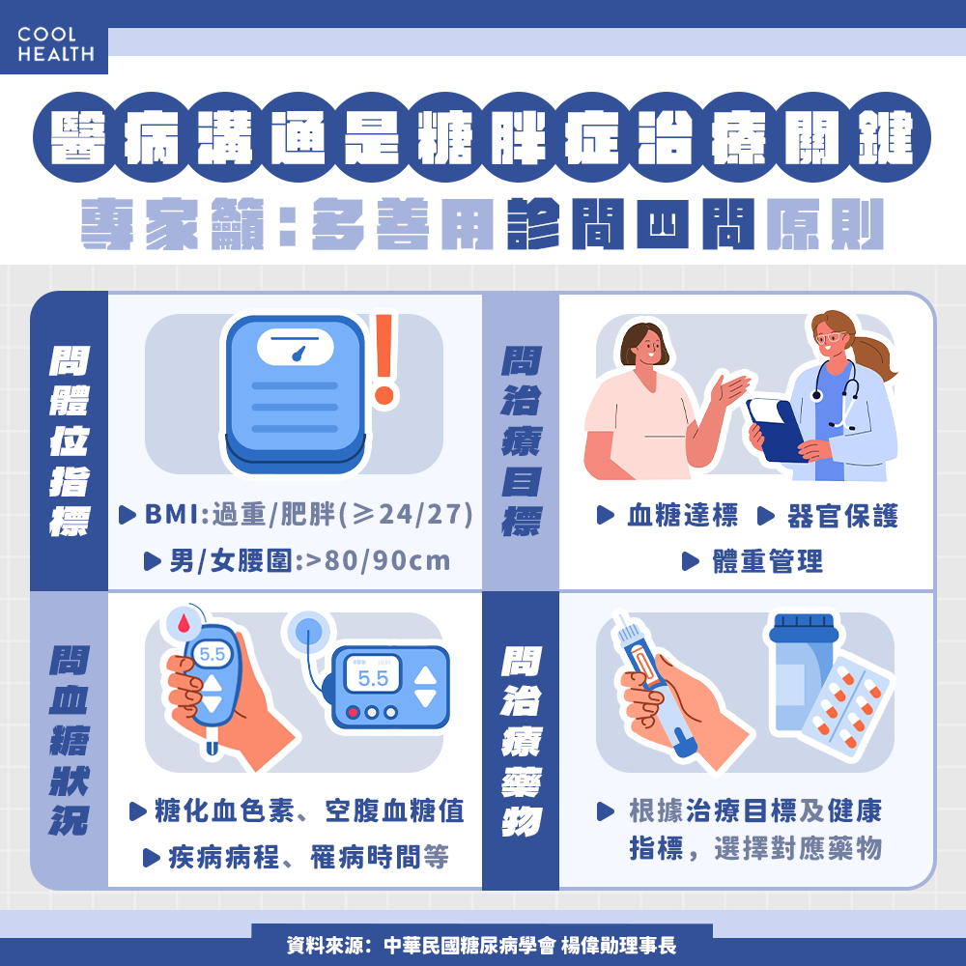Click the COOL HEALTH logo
(55, 43)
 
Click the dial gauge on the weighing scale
(297, 349)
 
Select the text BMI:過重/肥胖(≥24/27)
(308, 515)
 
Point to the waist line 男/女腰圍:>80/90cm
(309, 560)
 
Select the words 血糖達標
(681, 516)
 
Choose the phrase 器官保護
(841, 516)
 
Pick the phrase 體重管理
(767, 561)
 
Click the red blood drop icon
(184, 623)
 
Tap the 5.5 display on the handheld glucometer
(213, 655)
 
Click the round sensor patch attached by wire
(309, 633)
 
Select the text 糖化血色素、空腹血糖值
(309, 810)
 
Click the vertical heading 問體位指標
(69, 440)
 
